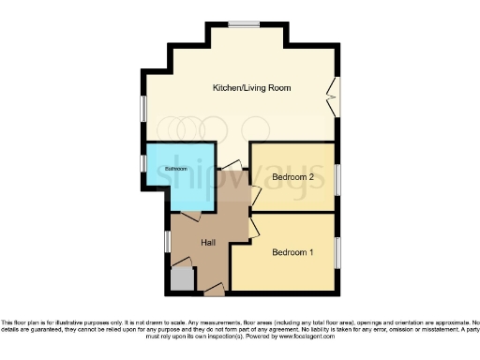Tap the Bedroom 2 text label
click(292, 176)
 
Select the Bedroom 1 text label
click(292, 252)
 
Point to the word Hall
click(208, 243)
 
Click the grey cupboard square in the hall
click(183, 279)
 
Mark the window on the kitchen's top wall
click(248, 22)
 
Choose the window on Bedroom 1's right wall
click(337, 252)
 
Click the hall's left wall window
click(169, 241)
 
